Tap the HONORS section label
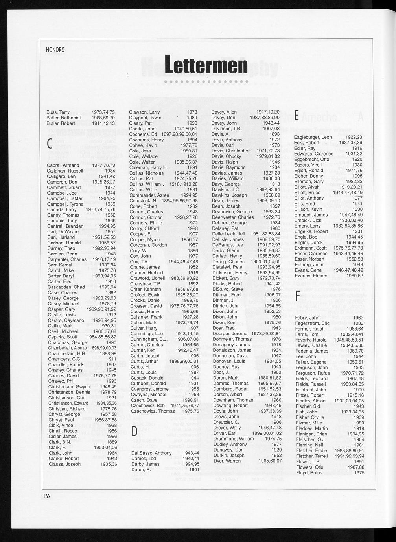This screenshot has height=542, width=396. click(x=55, y=50)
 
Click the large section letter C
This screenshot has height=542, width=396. click(x=50, y=144)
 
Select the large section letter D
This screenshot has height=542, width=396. click(x=134, y=432)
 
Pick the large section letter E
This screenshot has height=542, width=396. click(x=297, y=115)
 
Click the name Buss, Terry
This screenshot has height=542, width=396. click(x=58, y=112)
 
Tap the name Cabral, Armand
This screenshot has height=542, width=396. click(x=63, y=165)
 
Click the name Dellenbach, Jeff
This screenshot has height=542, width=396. click(x=229, y=234)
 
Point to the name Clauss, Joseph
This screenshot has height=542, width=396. click(x=64, y=464)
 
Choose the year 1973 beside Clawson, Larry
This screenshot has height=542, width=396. click(x=192, y=112)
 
